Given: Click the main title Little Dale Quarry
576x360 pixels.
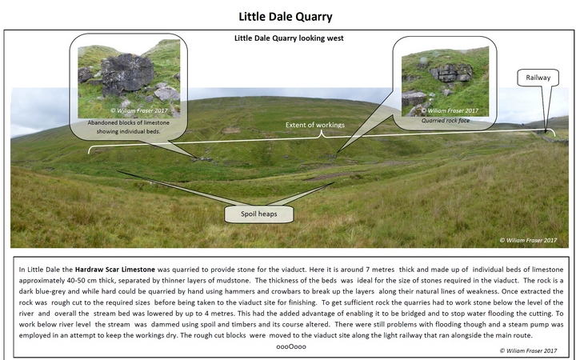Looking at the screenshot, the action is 286,17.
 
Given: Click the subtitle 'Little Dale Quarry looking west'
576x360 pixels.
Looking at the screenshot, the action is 289,38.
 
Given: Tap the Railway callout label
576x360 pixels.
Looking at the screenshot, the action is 538,78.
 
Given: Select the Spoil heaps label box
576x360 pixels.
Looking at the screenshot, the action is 259,214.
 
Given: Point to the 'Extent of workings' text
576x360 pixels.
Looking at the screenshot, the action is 315,125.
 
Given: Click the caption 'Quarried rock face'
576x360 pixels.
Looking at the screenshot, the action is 446,121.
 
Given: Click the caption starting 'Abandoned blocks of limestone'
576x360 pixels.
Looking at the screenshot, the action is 128,127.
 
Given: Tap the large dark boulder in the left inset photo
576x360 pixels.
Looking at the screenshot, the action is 127,72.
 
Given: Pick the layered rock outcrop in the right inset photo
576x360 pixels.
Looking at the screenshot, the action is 451,72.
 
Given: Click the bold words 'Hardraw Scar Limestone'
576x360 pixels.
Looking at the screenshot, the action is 115,270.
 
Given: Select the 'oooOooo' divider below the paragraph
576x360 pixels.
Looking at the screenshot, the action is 291,346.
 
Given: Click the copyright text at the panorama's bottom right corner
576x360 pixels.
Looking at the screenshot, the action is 528,240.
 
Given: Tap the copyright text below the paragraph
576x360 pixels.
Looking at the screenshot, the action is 528,351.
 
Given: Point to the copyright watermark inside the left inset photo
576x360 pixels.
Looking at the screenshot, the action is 139,110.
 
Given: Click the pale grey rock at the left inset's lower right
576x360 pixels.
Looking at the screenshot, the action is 166,94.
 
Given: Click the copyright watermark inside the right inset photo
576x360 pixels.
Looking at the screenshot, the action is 450,110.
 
